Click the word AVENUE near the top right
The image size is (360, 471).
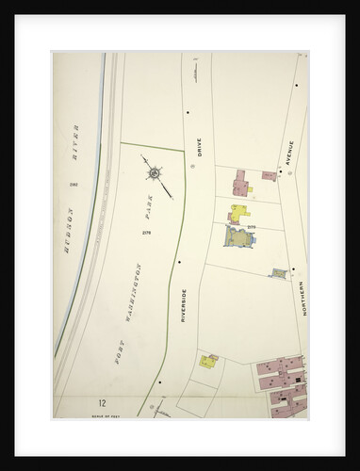290,154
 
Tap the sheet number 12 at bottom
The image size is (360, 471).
86,402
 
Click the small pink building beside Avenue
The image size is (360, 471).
269,175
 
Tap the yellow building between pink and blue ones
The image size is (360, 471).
240,212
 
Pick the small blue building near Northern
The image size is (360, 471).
279,273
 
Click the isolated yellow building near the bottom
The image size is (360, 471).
208,361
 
